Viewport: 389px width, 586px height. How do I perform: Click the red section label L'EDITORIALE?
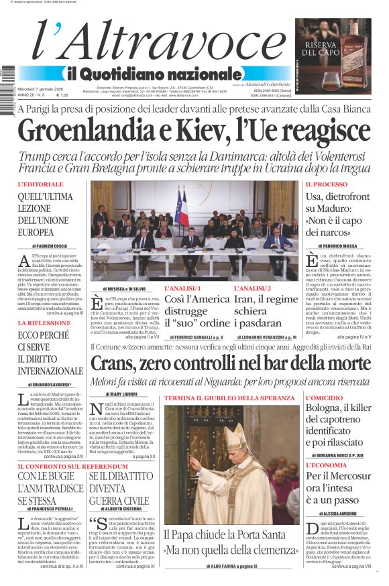pyautogui.click(x=41, y=184)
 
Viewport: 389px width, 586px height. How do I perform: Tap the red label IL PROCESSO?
pyautogui.click(x=327, y=184)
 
